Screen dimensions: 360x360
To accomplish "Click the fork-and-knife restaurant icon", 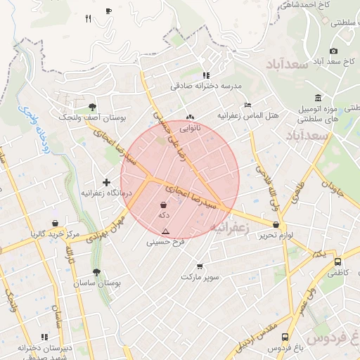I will pyautogui.click(x=88, y=19).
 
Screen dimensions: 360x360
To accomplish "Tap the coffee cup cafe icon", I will pyautogui.click(x=108, y=11).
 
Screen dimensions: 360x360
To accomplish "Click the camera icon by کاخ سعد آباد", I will pyautogui.click(x=333, y=51).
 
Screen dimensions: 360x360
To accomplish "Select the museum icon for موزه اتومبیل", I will pyautogui.click(x=319, y=97).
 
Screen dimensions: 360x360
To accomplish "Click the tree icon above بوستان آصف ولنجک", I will pyautogui.click(x=92, y=107).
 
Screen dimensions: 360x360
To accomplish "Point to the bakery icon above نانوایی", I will pyautogui.click(x=189, y=117).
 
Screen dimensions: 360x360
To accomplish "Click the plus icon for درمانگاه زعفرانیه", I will pyautogui.click(x=106, y=182).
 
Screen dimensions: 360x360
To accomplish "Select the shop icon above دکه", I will pyautogui.click(x=163, y=205).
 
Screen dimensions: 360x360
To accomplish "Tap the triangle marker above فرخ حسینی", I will pyautogui.click(x=165, y=231).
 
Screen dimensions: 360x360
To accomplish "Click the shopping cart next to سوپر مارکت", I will pyautogui.click(x=200, y=266).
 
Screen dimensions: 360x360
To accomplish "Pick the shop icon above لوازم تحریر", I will pyautogui.click(x=276, y=225).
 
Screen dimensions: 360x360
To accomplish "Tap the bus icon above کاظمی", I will pyautogui.click(x=338, y=261).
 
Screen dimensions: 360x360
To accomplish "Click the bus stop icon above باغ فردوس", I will pyautogui.click(x=285, y=337).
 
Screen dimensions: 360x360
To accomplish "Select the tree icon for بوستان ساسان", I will pyautogui.click(x=96, y=272).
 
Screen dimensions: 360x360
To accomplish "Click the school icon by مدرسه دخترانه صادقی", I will pyautogui.click(x=205, y=75).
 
